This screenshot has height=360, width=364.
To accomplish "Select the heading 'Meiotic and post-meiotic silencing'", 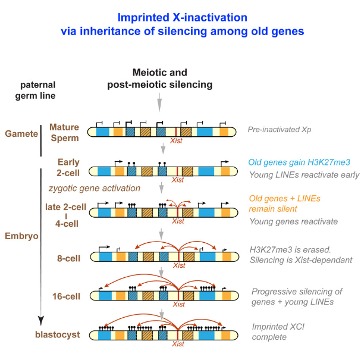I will click(x=159, y=79).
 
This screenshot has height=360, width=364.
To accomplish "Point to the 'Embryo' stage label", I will click(x=20, y=236).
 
